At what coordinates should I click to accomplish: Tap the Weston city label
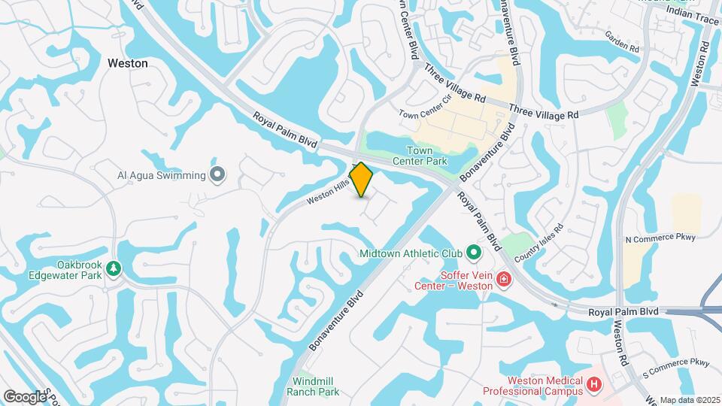point(128,64)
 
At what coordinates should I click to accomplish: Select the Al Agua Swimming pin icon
point(218,175)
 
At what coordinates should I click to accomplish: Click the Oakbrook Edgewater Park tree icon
point(114,268)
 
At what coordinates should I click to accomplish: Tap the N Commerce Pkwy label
point(661,238)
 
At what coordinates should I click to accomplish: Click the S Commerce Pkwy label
point(676,364)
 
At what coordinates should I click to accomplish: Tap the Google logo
point(25,396)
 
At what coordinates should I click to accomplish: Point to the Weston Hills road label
point(329,192)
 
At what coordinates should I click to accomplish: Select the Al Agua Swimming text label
point(161,175)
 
